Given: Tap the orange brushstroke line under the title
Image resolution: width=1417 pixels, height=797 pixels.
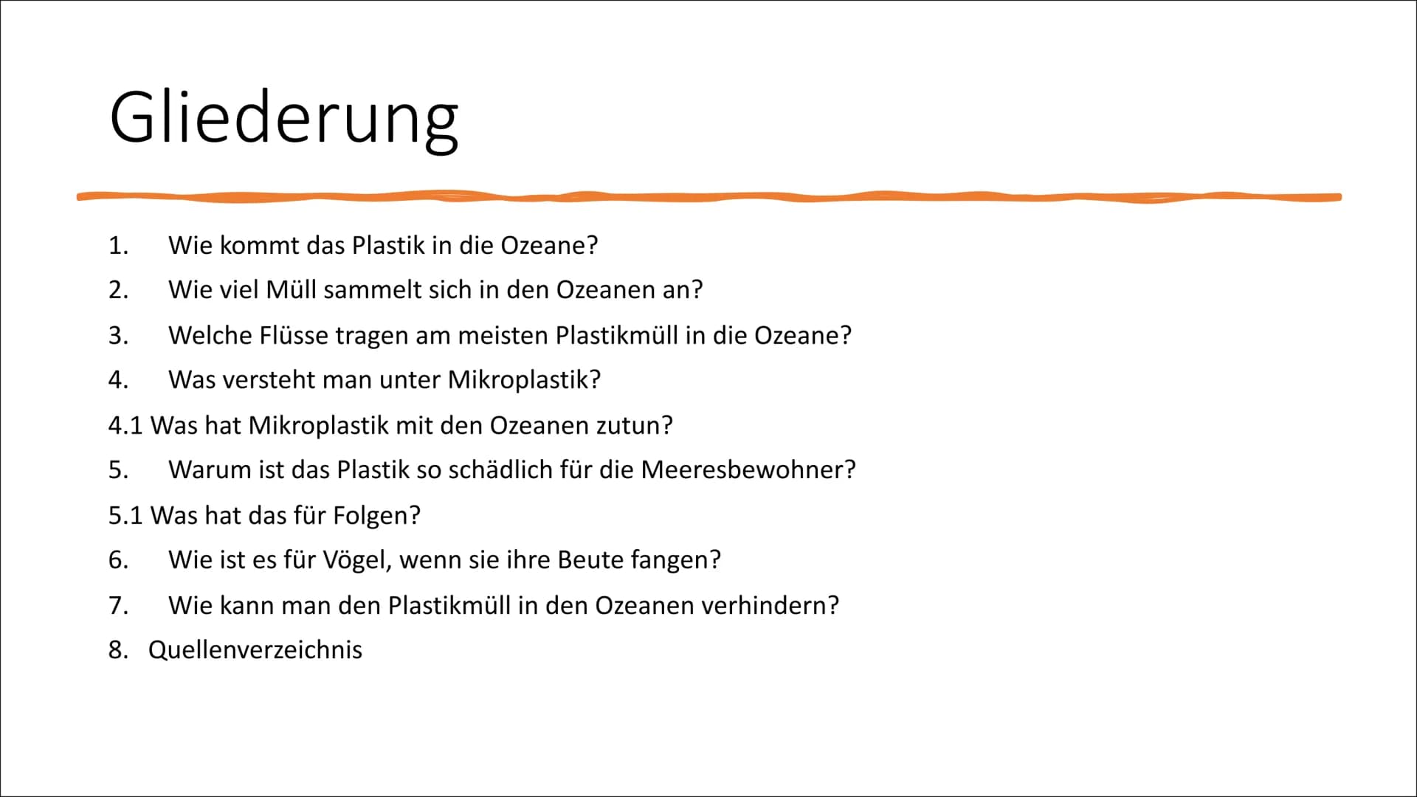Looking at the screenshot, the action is (x=708, y=197).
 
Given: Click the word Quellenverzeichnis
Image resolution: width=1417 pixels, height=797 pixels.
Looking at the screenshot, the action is (x=255, y=650).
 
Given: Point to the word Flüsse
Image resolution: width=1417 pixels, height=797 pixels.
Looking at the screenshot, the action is (x=294, y=336).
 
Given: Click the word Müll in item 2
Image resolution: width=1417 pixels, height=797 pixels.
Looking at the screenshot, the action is (x=291, y=290).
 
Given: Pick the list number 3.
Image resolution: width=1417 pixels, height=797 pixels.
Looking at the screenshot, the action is (x=118, y=336).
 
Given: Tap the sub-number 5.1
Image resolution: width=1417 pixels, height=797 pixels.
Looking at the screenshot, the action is (x=125, y=516).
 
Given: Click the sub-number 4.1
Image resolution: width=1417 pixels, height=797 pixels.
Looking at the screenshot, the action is (x=125, y=426).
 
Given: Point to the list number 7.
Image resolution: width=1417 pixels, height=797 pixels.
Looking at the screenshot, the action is (x=118, y=606).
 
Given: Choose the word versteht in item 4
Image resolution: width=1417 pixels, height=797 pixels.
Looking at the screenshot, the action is (x=275, y=380).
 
